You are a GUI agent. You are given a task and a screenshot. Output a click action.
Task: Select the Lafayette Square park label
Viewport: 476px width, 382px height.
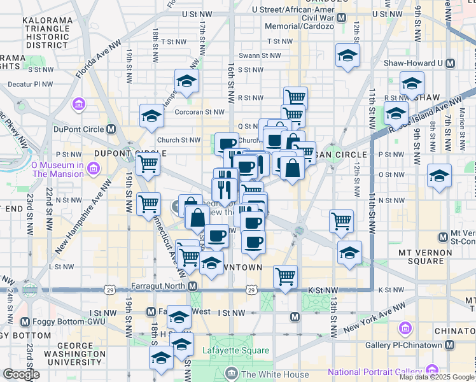point(235,350)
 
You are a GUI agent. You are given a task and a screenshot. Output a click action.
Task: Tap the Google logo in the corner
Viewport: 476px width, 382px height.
point(20,374)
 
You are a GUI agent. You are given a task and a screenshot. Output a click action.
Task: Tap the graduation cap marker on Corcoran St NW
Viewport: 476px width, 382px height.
point(152,117)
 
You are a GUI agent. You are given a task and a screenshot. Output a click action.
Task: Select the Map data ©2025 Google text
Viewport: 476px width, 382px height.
point(437,377)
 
